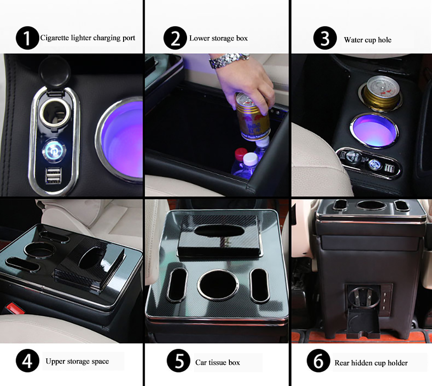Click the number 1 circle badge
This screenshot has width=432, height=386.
27,38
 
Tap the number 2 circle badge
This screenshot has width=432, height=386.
175,38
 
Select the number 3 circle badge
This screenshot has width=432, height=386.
325,38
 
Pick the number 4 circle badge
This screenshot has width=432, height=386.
27,361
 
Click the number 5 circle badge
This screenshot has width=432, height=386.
178,361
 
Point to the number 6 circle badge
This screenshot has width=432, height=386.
318,361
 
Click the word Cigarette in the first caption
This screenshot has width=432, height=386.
54,38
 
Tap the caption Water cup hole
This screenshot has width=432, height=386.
368,40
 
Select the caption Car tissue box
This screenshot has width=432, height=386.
218,362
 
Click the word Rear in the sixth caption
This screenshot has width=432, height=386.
341,363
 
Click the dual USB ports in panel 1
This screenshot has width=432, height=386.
53,176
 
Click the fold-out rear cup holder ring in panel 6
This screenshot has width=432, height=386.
361,298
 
